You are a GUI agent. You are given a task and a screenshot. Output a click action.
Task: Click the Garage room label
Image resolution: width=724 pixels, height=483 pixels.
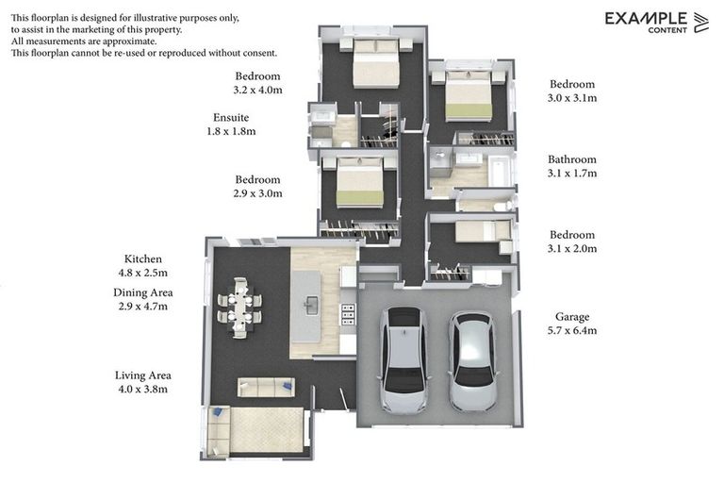point(573,317)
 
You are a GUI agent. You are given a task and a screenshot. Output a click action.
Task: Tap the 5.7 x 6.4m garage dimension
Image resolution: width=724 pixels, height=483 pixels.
point(573,331)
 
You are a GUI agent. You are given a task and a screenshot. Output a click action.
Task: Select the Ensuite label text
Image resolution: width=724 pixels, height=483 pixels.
point(231,118)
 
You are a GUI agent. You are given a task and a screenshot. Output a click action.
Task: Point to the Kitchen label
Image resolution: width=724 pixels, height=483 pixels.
point(143,258)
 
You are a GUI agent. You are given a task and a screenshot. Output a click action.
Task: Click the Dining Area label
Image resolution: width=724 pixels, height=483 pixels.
point(143,292)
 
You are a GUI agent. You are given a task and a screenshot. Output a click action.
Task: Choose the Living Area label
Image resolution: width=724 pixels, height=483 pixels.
point(143,375)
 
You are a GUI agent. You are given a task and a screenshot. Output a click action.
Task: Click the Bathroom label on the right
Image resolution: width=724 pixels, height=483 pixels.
point(572,159)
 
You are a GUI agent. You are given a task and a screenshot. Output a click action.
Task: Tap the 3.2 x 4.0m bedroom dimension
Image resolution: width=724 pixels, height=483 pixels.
point(258,91)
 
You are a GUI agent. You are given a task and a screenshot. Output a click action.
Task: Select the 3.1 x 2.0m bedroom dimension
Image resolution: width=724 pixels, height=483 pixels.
point(573,249)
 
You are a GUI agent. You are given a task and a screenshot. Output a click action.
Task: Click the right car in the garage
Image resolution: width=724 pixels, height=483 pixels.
point(471,361)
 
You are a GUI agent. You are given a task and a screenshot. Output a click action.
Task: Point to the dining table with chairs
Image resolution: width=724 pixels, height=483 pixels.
point(239,308)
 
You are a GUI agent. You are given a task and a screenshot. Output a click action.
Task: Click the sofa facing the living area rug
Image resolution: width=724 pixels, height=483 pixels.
point(265,387)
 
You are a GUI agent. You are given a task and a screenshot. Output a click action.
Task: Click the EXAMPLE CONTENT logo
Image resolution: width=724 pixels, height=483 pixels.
point(656,22)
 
